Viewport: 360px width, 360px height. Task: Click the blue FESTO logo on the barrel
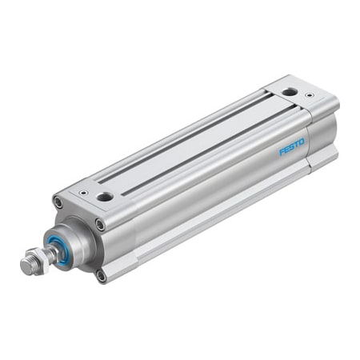point(291,147)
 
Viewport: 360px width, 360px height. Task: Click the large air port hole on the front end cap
point(105,195)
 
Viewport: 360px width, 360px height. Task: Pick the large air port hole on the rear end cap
point(289,91)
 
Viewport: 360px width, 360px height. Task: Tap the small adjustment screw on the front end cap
point(82,192)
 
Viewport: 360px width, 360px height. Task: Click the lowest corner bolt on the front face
point(101,276)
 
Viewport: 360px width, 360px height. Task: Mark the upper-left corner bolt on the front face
point(58,202)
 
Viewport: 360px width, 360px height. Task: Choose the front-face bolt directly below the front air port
point(100,225)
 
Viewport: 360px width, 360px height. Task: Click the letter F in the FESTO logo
point(282,152)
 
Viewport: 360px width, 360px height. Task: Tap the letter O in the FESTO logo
point(302,142)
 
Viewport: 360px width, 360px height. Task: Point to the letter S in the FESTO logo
point(291,147)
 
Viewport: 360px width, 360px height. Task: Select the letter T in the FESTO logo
point(296,145)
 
